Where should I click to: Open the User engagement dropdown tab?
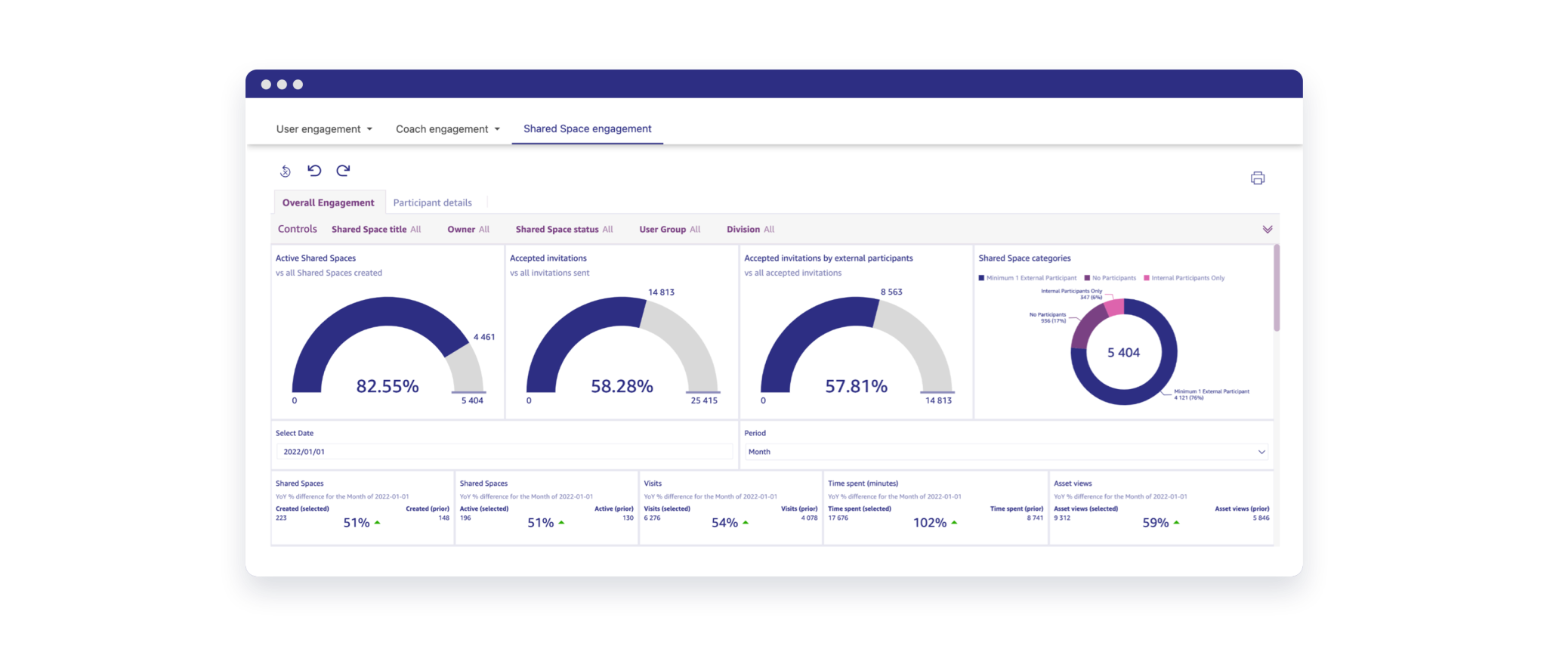click(x=324, y=129)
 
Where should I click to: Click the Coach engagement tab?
click(x=447, y=129)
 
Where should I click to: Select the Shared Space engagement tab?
click(x=587, y=129)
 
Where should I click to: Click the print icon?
click(x=1258, y=178)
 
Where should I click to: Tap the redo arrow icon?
click(x=343, y=171)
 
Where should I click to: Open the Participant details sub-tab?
click(x=432, y=202)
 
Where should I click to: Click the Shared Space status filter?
click(x=564, y=229)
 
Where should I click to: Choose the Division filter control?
click(x=750, y=229)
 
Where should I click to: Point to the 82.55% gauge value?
click(x=387, y=386)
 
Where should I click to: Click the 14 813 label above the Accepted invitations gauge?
click(x=661, y=292)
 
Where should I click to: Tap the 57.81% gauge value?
click(x=856, y=386)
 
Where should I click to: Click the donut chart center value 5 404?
click(x=1123, y=353)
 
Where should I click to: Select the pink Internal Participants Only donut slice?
click(x=1115, y=307)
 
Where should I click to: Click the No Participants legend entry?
click(x=1110, y=278)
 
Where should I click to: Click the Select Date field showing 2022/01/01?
click(x=504, y=452)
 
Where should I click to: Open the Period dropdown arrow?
click(x=1261, y=452)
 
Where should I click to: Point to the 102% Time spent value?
click(x=929, y=523)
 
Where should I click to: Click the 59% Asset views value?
click(x=1155, y=523)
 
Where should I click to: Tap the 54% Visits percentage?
click(x=724, y=523)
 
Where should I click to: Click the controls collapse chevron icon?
click(x=1267, y=229)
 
